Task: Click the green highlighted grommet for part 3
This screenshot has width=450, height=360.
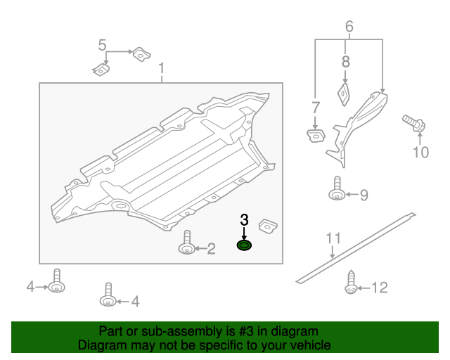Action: coord(245,245)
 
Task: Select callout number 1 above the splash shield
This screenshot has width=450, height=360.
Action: coord(161,69)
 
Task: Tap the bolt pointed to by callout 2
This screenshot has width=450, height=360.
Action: coord(187,243)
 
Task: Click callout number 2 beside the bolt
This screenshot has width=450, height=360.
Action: coord(210,248)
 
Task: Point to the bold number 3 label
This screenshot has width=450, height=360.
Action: coord(245,219)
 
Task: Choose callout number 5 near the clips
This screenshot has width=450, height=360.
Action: coord(103,46)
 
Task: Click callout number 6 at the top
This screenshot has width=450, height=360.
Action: coord(349,27)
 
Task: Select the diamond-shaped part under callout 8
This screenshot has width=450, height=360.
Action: coord(345,94)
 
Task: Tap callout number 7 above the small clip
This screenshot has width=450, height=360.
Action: coord(316,107)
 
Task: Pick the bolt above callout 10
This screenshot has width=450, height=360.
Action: coord(413,124)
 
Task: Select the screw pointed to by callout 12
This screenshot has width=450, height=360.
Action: coord(350,282)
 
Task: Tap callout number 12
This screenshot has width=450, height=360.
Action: coord(379,287)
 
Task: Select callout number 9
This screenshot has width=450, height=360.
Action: coord(364,195)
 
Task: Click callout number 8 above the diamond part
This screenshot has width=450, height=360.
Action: coord(345,61)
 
